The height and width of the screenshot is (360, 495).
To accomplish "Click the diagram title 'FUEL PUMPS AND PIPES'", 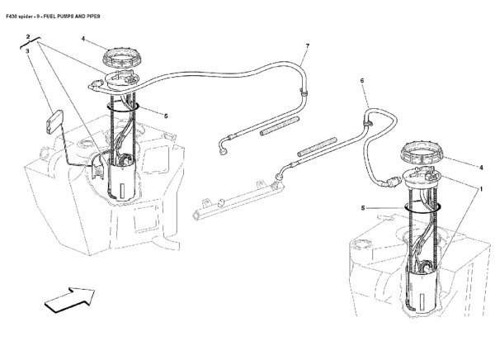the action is pyautogui.click(x=71, y=17).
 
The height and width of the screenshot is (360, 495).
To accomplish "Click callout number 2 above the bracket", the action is pyautogui.click(x=28, y=37).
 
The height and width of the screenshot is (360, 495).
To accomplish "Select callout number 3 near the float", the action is pyautogui.click(x=27, y=51).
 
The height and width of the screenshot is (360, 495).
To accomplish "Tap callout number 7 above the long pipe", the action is pyautogui.click(x=307, y=46).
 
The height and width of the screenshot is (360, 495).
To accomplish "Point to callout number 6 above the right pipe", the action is pyautogui.click(x=362, y=81).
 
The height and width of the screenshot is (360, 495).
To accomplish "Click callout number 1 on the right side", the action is pyautogui.click(x=481, y=189).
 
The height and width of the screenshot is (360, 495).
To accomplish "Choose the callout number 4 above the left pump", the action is pyautogui.click(x=83, y=39).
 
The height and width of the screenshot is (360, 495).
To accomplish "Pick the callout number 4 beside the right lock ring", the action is pyautogui.click(x=481, y=168).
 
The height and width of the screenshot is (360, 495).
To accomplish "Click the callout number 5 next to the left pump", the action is pyautogui.click(x=166, y=116).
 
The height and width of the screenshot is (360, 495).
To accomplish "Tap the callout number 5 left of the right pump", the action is pyautogui.click(x=363, y=208).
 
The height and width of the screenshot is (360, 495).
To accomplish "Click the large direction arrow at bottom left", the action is pyautogui.click(x=70, y=300).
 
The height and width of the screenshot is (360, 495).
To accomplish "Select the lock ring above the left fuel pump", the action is pyautogui.click(x=120, y=58).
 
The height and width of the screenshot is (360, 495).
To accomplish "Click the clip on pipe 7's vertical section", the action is pyautogui.click(x=304, y=93).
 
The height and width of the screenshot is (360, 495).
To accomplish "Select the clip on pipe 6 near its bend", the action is pyautogui.click(x=368, y=123).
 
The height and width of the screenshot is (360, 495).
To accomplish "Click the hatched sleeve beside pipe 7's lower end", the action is pyautogui.click(x=280, y=126).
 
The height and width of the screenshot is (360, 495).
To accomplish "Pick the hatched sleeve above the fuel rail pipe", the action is pyautogui.click(x=317, y=146).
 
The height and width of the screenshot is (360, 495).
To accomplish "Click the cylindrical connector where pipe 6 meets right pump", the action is pyautogui.click(x=393, y=182).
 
